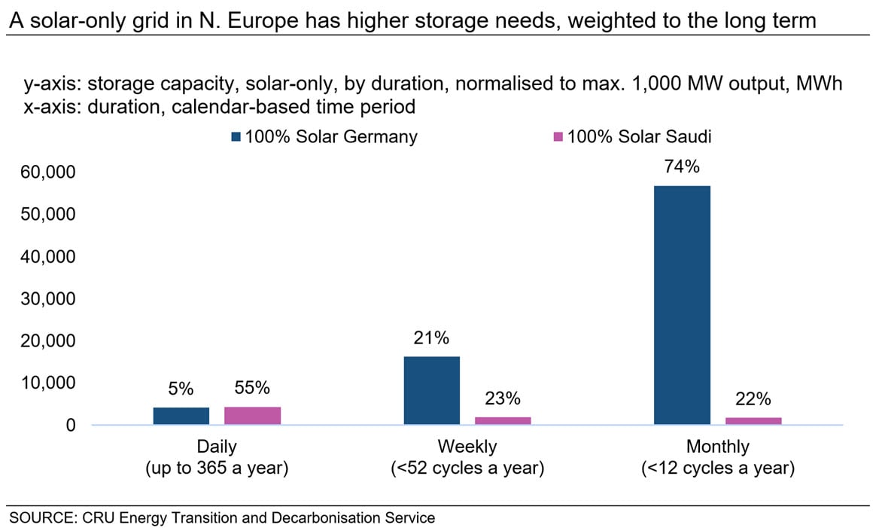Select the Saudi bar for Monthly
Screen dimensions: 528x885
[x=753, y=420]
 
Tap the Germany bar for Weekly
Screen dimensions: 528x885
[x=432, y=390]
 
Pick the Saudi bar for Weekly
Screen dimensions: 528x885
[x=503, y=420]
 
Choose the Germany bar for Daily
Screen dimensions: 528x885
[x=181, y=416]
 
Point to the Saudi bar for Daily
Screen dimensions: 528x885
[x=252, y=416]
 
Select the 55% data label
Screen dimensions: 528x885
[x=252, y=389]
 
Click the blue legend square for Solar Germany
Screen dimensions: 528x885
[x=236, y=137]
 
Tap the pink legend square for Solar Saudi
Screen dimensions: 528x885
[x=558, y=137]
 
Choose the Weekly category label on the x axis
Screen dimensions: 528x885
[x=467, y=447]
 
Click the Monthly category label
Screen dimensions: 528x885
[x=717, y=447]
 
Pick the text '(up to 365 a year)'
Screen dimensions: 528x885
[x=217, y=468]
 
